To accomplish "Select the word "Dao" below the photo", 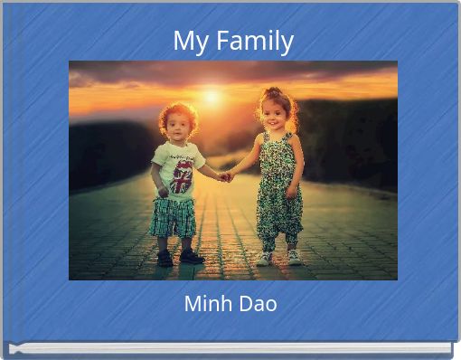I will click(258, 304).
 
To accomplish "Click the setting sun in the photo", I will click(212, 95).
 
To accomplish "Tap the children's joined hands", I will click(225, 176).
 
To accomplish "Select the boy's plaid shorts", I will click(174, 217).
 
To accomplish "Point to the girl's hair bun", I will click(273, 92).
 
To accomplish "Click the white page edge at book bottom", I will click(230, 348).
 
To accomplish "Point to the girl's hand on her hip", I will click(291, 191).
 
